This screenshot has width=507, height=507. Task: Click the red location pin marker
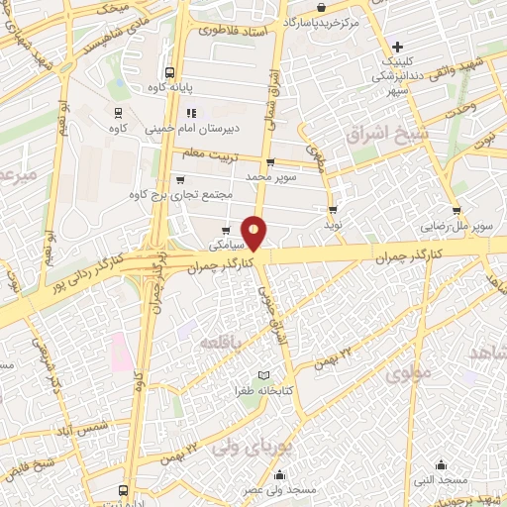coord(255,232)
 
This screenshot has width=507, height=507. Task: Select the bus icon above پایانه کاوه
coord(170,72)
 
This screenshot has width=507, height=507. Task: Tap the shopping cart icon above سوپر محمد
coord(269,161)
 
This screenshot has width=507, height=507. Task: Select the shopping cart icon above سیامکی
coord(227,231)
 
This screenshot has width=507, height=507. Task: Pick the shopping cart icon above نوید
coord(333,209)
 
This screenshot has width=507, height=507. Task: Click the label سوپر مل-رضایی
coord(454,225)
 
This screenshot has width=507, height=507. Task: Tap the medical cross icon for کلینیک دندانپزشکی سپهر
coord(396,47)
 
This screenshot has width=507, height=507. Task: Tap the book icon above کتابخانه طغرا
coord(262,375)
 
